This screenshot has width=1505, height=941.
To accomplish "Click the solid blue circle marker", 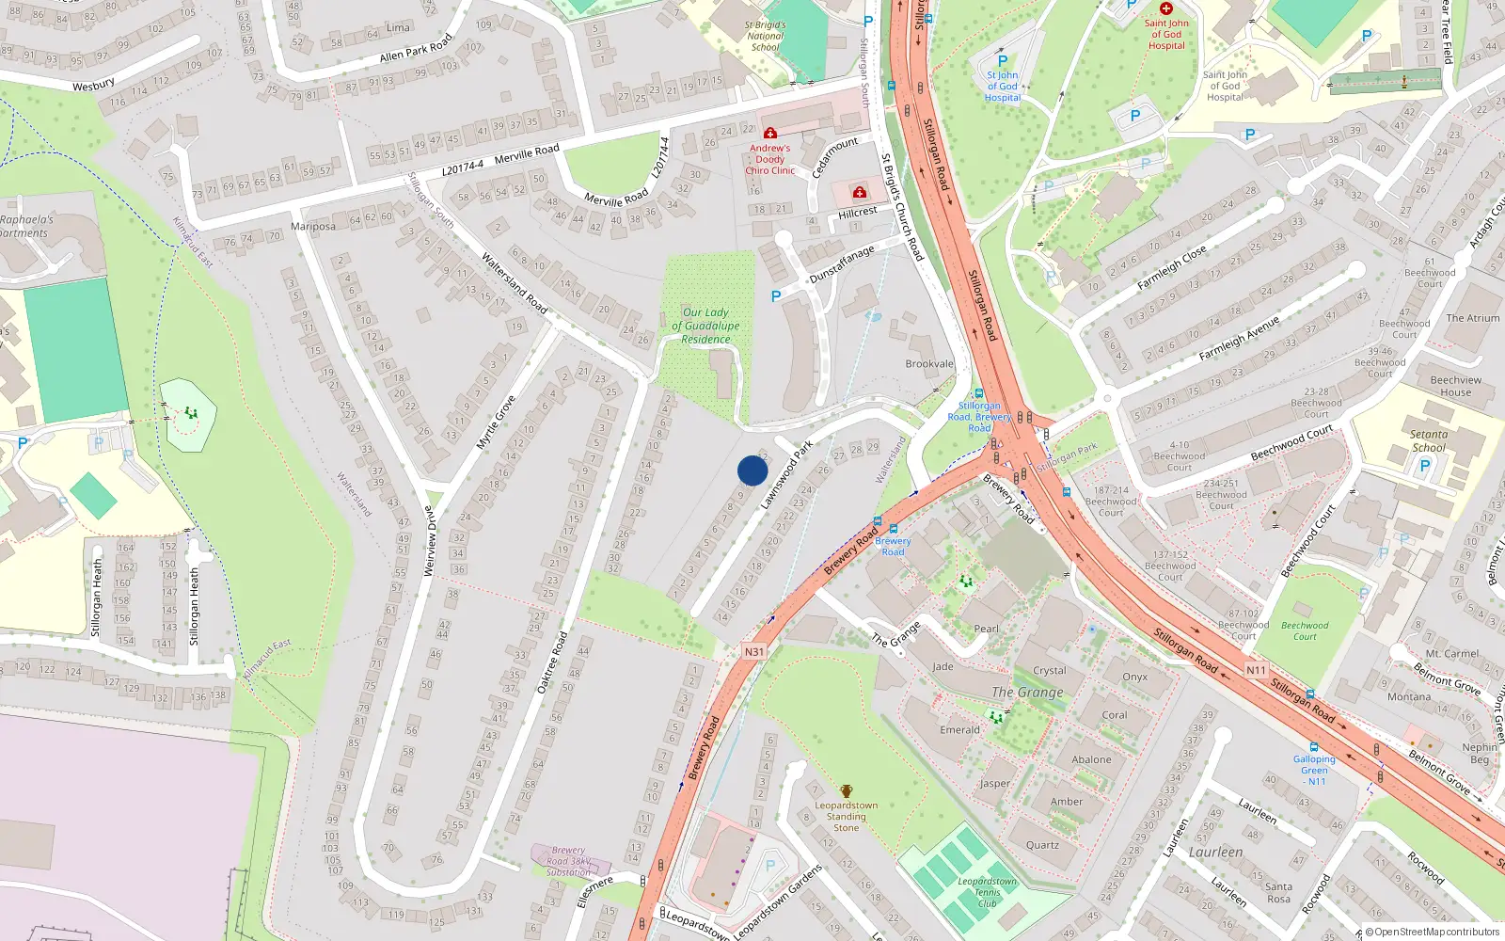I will pyautogui.click(x=752, y=470).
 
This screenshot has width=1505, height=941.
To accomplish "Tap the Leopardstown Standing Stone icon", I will pyautogui.click(x=847, y=791).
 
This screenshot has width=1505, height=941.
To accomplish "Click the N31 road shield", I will pyautogui.click(x=753, y=651).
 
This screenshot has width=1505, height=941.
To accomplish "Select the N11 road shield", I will pyautogui.click(x=1256, y=670).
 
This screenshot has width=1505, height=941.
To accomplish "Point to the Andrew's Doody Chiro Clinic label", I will pyautogui.click(x=770, y=159).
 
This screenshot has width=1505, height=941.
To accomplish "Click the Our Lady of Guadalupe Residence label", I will pyautogui.click(x=705, y=326).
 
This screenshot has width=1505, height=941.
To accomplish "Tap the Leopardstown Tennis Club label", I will pyautogui.click(x=987, y=892).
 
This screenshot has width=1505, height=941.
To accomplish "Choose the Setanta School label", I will pyautogui.click(x=1428, y=440).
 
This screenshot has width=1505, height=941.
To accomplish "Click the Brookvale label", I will pyautogui.click(x=929, y=364).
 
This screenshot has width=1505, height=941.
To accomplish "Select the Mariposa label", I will pyautogui.click(x=313, y=227).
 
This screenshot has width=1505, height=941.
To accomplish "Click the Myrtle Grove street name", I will pyautogui.click(x=496, y=422).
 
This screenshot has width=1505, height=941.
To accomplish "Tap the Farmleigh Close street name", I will pyautogui.click(x=1171, y=268).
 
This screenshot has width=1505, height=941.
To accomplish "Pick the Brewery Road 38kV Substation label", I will pyautogui.click(x=568, y=861).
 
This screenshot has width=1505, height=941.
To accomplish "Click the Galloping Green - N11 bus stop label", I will pyautogui.click(x=1314, y=770).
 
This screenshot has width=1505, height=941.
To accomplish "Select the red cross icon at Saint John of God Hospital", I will pyautogui.click(x=1166, y=8).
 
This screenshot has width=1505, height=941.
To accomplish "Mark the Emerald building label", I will pyautogui.click(x=959, y=729).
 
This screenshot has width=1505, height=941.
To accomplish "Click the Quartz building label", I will pyautogui.click(x=1042, y=845).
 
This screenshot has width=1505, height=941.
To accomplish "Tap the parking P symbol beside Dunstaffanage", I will pyautogui.click(x=776, y=296).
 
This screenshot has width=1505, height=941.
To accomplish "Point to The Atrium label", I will pyautogui.click(x=1472, y=318).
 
